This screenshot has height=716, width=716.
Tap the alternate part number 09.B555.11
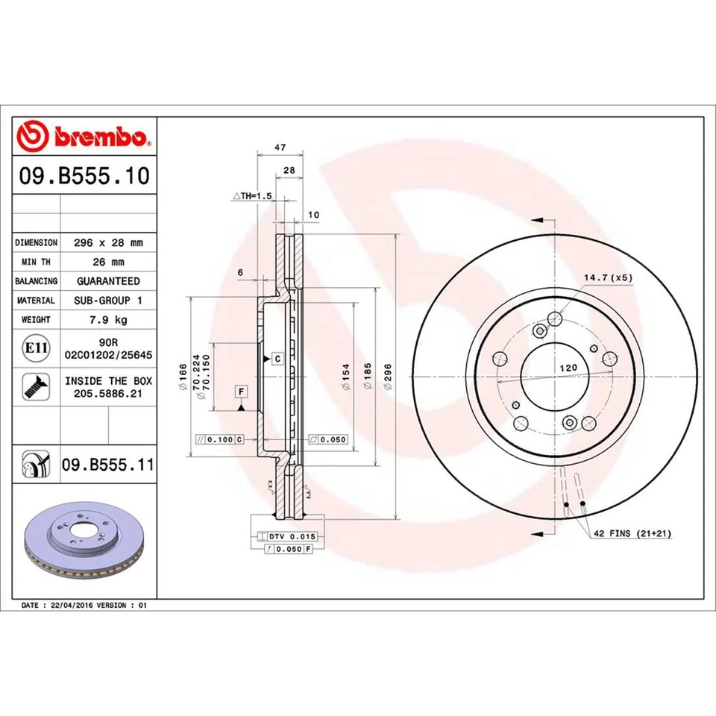[x=107, y=465]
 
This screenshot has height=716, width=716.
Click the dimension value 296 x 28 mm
[x=108, y=242]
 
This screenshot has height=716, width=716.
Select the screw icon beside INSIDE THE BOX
[x=34, y=386]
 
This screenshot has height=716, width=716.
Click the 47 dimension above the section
[x=280, y=148]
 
